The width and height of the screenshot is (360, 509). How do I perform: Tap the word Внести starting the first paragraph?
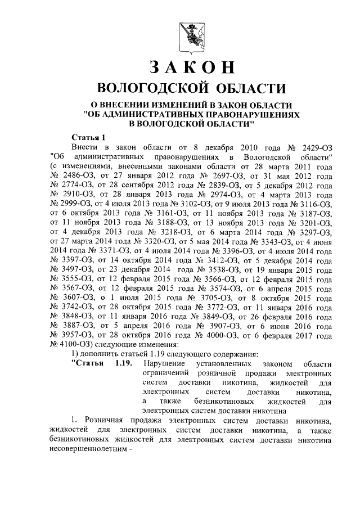tap(86, 146)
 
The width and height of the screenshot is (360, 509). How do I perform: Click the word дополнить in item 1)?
tap(97, 354)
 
